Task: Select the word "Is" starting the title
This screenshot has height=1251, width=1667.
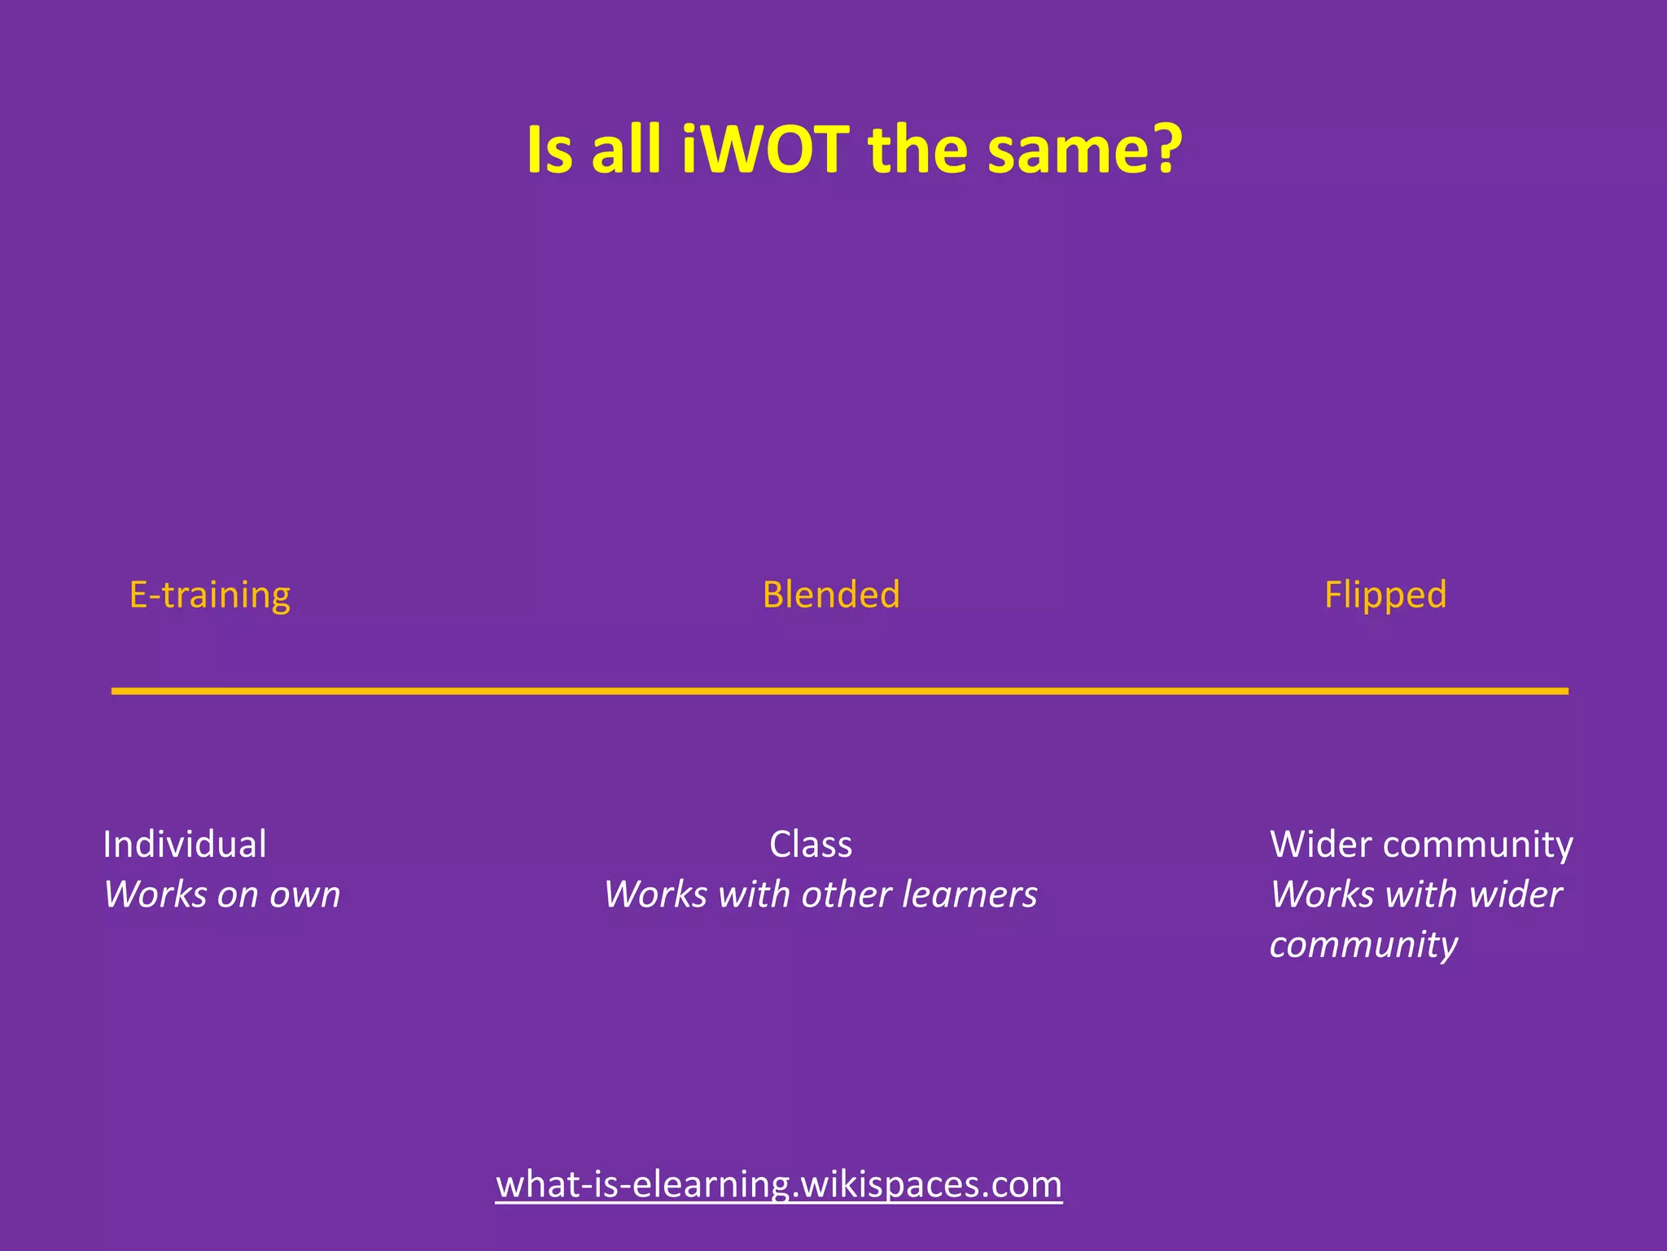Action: tap(550, 150)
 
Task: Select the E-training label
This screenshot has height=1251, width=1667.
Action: tap(210, 595)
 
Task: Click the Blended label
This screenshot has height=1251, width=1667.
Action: tap(831, 595)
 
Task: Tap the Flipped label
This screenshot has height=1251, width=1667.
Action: tap(1385, 595)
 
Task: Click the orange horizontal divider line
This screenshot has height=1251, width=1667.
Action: tap(839, 691)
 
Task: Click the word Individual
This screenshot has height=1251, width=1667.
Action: tap(185, 845)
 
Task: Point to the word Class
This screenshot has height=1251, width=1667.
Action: tap(811, 845)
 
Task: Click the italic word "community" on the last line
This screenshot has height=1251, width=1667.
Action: tap(1363, 945)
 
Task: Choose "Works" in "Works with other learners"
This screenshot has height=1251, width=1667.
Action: tap(656, 895)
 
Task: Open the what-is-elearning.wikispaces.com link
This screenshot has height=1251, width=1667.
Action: tap(779, 1184)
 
